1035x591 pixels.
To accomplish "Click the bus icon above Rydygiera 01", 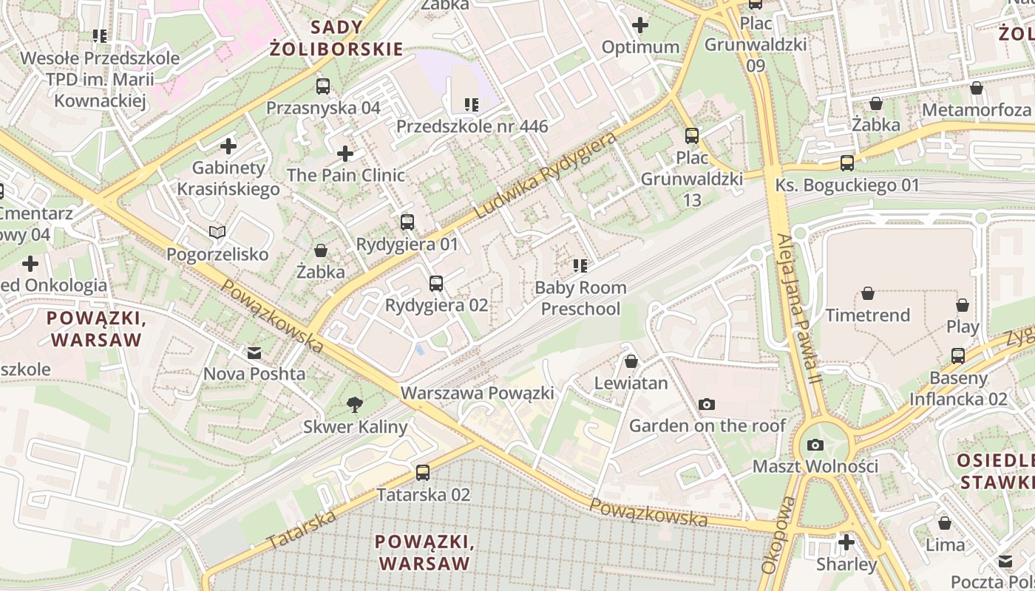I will click(x=407, y=222).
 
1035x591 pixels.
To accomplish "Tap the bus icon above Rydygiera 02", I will click(x=436, y=283).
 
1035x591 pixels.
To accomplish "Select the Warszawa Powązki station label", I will click(x=477, y=393).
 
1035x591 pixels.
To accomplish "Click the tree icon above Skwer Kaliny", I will click(x=355, y=404).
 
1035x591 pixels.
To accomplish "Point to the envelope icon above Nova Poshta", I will click(x=254, y=352).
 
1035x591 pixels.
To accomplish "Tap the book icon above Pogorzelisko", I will click(x=217, y=233).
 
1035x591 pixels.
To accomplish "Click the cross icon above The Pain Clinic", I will click(x=345, y=154).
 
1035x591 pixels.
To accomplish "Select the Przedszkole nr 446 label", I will click(x=472, y=126).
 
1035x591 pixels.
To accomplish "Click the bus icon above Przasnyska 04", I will click(x=323, y=86).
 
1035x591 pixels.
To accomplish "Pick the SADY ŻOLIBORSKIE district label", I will click(x=336, y=38).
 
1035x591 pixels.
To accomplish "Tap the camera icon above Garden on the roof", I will click(x=707, y=404).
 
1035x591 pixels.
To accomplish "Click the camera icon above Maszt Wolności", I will click(x=815, y=445).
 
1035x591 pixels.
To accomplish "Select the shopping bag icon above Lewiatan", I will click(x=631, y=361).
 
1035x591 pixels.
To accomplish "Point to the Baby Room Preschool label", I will click(x=580, y=298).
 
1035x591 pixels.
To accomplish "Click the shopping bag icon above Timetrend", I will click(x=868, y=293).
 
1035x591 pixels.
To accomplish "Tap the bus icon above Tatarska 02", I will click(x=423, y=473).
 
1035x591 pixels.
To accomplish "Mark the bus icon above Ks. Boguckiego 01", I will click(x=847, y=163).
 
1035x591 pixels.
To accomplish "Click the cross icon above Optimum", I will click(x=640, y=26).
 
